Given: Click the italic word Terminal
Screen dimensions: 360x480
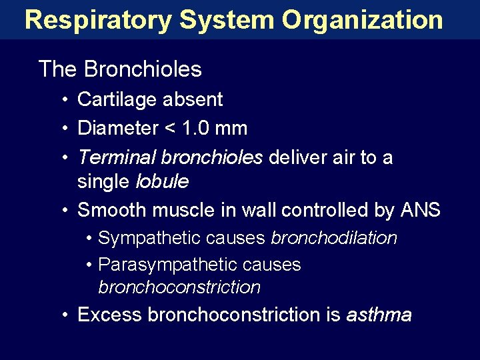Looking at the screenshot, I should click(117, 157).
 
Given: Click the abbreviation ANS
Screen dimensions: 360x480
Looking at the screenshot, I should click(420, 210).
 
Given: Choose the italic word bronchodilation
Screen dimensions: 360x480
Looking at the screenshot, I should click(333, 238).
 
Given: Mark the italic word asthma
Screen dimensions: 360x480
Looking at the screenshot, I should click(379, 314).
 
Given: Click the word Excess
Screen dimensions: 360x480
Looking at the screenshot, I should click(110, 314).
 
